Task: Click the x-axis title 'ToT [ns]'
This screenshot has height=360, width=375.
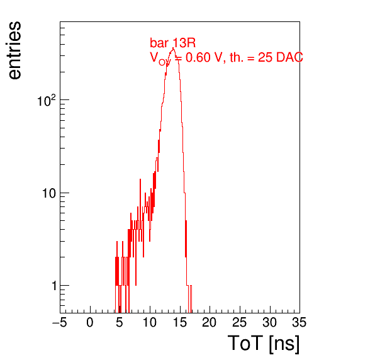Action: [264, 344]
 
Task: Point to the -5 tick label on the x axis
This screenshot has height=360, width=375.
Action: [59, 322]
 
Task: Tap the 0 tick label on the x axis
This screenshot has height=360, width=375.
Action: [90, 322]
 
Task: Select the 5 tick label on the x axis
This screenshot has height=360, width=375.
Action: [120, 322]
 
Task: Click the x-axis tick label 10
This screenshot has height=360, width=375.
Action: [150, 322]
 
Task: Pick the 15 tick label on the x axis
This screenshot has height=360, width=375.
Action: [179, 322]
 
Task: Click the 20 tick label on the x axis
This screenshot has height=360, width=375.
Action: [210, 322]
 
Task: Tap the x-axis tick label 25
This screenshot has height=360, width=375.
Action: [239, 322]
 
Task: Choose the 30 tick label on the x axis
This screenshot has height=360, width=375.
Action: [269, 322]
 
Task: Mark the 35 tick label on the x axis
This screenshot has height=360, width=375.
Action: [299, 322]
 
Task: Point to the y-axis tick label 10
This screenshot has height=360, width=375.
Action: [49, 193]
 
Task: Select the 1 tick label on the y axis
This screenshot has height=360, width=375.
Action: [54, 286]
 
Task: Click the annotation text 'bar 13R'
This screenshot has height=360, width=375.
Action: [172, 43]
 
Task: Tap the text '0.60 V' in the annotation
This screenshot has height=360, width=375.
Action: [204, 58]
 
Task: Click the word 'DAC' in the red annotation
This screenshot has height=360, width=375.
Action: [289, 58]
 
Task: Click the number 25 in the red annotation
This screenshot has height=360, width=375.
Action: [265, 58]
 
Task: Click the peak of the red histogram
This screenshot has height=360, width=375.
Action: [173, 48]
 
